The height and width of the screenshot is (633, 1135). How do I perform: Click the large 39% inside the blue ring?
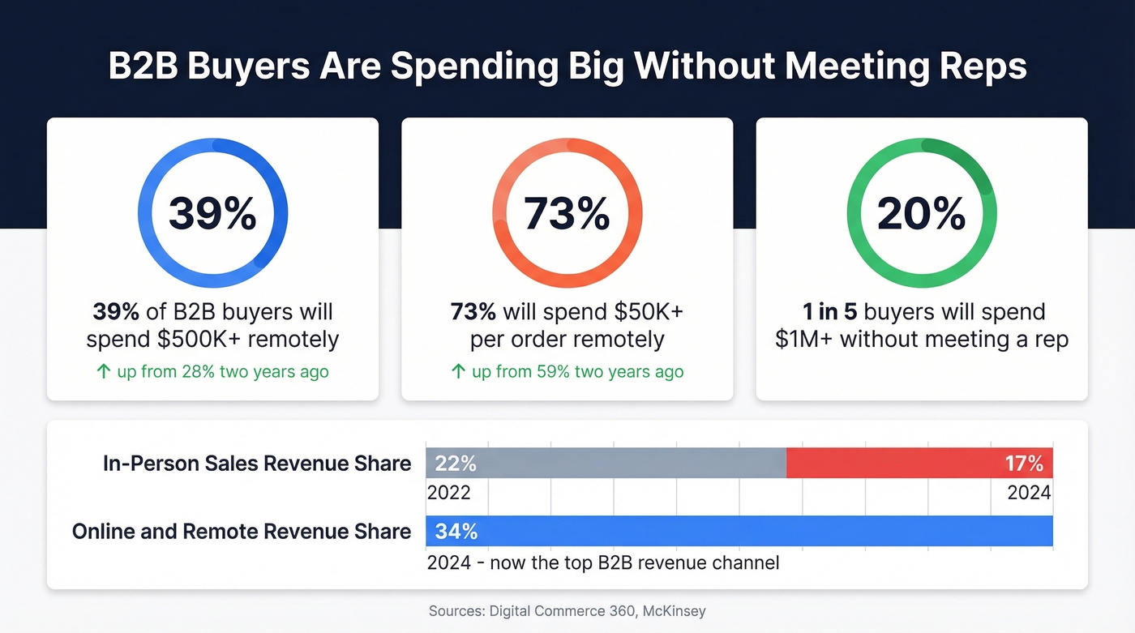tap(212, 213)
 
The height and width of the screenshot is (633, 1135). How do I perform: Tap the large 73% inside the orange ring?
tap(567, 213)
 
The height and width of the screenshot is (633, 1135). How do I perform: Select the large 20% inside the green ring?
tap(921, 213)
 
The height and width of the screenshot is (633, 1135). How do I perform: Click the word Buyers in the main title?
tap(248, 66)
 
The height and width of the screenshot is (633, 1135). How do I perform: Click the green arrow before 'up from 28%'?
tap(103, 372)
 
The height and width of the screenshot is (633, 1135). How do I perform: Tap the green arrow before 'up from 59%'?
tap(458, 372)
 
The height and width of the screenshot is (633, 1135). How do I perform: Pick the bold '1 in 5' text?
tap(830, 312)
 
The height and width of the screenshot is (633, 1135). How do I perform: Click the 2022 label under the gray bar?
tap(448, 493)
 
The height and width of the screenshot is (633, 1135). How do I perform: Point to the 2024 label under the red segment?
tap(1029, 493)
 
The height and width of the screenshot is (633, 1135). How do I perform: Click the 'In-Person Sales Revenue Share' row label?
tap(257, 464)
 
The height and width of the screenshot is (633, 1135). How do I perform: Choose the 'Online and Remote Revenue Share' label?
tap(242, 532)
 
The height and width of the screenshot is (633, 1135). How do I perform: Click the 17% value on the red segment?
tap(1024, 464)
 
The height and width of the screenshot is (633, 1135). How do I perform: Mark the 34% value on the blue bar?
tap(456, 532)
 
